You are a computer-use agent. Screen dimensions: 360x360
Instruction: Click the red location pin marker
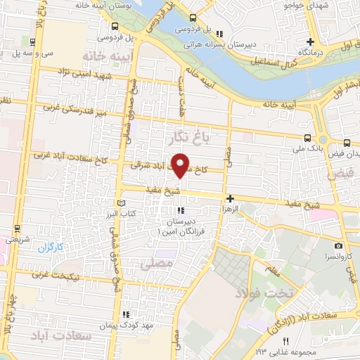(x=181, y=165)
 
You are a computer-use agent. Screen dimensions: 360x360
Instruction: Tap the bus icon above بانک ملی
(x=307, y=138)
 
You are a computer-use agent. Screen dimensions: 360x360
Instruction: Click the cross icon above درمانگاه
(x=311, y=42)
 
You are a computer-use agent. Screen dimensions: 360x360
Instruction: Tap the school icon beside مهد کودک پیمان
(x=127, y=314)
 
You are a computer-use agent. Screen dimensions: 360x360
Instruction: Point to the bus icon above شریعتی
(x=16, y=229)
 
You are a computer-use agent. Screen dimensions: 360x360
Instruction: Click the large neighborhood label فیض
(x=335, y=172)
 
